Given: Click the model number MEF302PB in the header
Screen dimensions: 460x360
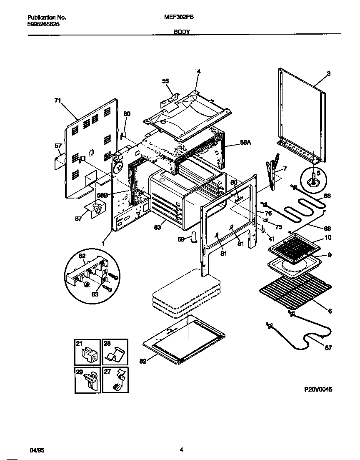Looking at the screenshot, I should [179, 18].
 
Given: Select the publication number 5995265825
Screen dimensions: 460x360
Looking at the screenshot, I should [43, 25].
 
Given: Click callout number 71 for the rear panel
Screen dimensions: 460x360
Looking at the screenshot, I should [57, 100].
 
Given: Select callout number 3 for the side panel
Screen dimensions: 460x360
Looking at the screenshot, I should [328, 74].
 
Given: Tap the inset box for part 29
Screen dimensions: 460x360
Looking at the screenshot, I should [87, 380].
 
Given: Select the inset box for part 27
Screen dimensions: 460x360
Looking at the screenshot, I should [115, 380].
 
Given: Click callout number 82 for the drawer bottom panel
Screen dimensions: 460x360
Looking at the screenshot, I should [143, 362].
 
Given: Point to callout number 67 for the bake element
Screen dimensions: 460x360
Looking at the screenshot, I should [328, 348].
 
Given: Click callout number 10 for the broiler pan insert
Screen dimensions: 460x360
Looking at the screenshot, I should [328, 238].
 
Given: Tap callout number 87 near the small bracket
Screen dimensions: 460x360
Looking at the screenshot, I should [78, 219].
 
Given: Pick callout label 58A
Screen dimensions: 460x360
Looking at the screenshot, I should [246, 142].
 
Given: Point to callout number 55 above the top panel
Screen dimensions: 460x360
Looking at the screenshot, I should [165, 81].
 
